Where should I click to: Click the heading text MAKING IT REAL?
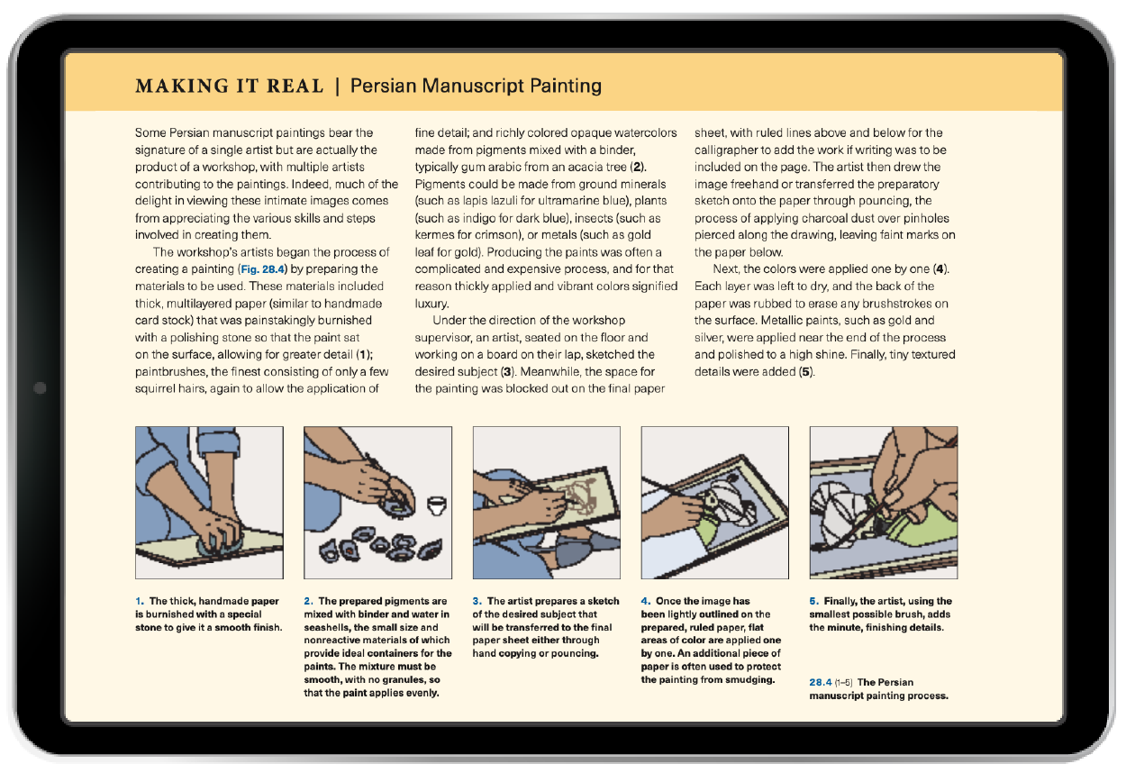click(x=229, y=86)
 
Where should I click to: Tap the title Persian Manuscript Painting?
click(x=476, y=86)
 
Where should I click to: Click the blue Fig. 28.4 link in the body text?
click(x=262, y=269)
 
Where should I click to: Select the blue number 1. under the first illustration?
click(x=140, y=601)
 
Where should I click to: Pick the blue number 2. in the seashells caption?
click(x=309, y=601)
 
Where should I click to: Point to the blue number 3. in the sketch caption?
click(x=477, y=601)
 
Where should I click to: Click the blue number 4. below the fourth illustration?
click(x=646, y=601)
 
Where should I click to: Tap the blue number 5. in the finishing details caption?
click(x=814, y=601)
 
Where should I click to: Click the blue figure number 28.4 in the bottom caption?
click(x=821, y=683)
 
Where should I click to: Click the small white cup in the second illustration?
click(x=436, y=505)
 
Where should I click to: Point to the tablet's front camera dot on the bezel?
click(x=40, y=388)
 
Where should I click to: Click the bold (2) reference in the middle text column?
click(x=638, y=167)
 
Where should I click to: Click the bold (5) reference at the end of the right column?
click(x=806, y=372)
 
